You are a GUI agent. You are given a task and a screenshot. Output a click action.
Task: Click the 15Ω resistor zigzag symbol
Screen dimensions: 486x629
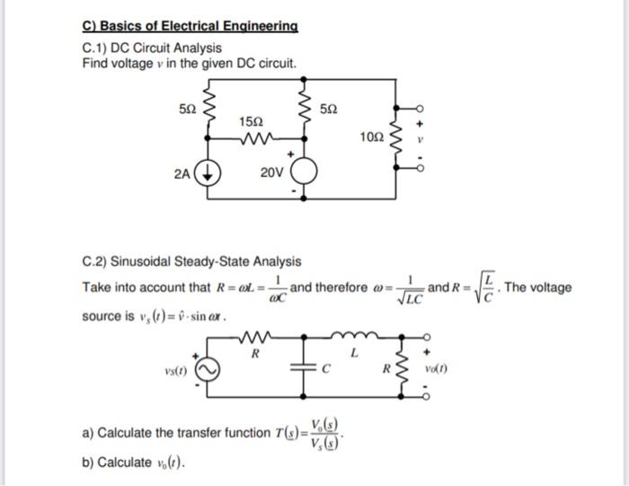coord(255,139)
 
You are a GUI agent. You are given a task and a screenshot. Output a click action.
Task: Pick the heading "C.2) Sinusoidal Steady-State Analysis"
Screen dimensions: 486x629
coord(191,261)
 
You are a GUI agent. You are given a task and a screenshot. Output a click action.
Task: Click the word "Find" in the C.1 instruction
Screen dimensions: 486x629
coord(95,64)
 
